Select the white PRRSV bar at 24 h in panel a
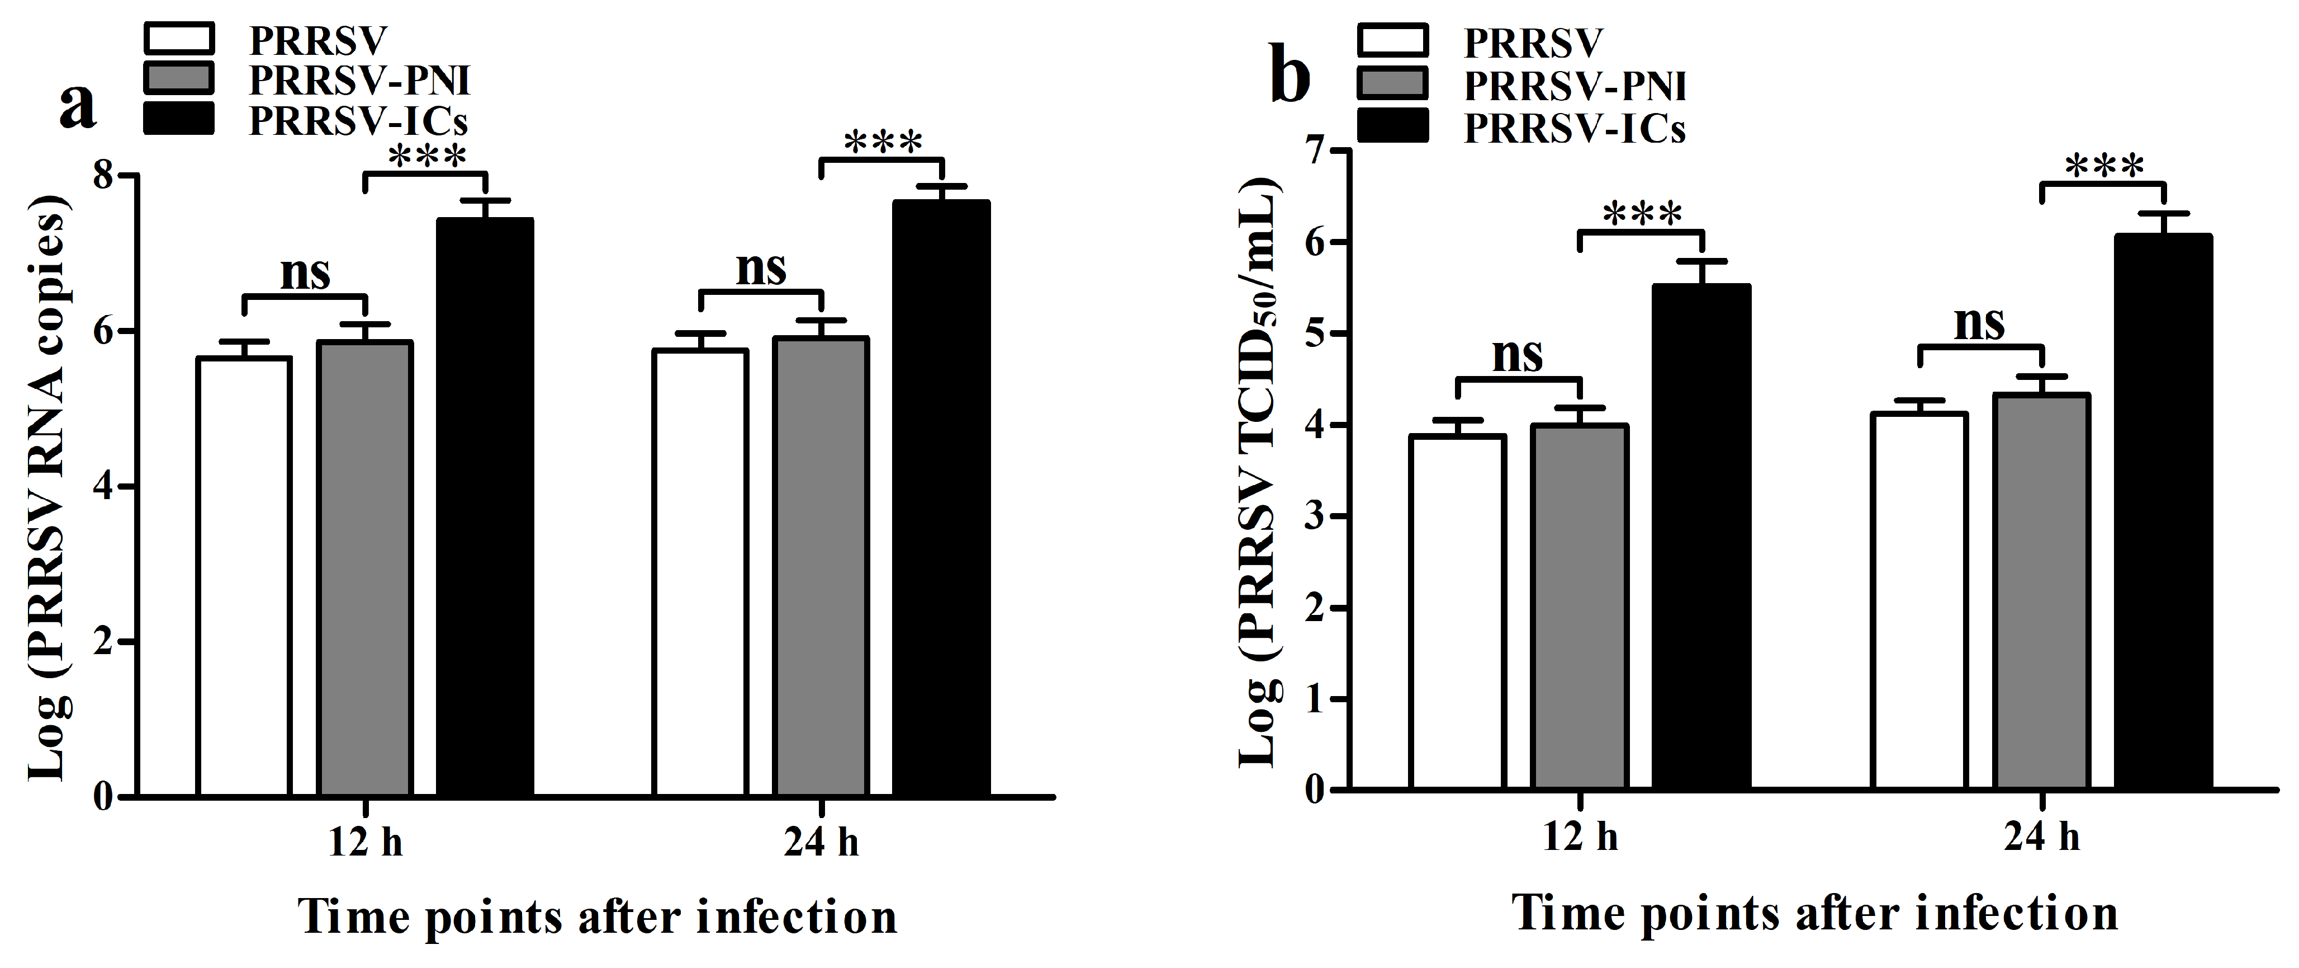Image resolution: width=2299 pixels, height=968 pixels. point(700,571)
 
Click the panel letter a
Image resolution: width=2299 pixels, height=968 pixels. point(78,107)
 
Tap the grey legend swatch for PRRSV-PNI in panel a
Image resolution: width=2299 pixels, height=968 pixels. point(178,78)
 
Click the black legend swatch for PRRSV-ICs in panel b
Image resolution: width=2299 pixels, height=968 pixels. point(1392,126)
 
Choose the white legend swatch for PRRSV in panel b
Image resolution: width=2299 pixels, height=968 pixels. point(1392,40)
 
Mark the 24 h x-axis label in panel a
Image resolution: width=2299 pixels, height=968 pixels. point(821,842)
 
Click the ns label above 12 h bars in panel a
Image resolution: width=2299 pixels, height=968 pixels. point(305,272)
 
